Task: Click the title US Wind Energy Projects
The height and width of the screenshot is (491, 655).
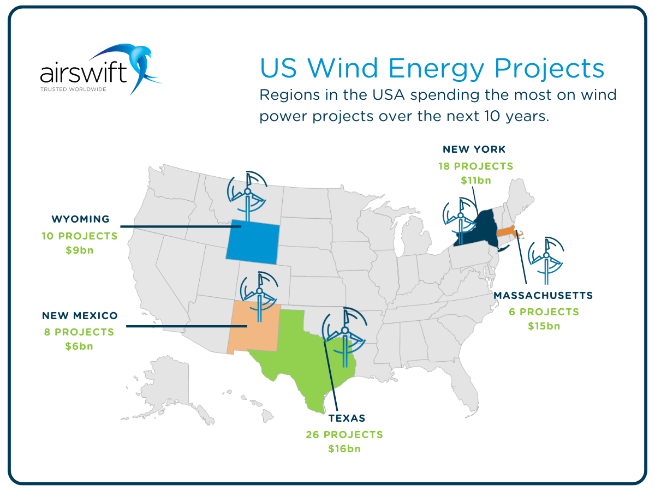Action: pyautogui.click(x=432, y=69)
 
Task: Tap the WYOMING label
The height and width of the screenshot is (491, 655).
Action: pyautogui.click(x=80, y=219)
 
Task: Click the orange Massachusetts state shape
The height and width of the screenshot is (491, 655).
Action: pyautogui.click(x=507, y=233)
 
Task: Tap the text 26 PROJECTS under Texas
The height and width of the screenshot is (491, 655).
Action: pyautogui.click(x=344, y=435)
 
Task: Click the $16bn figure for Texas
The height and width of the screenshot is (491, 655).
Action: pyautogui.click(x=344, y=449)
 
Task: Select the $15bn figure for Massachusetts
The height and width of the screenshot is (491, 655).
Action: pyautogui.click(x=543, y=326)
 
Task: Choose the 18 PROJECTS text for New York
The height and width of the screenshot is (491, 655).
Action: pyautogui.click(x=475, y=166)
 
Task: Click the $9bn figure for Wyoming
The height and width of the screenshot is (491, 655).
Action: pyautogui.click(x=80, y=250)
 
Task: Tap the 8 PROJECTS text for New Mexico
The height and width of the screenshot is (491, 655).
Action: pyautogui.click(x=79, y=332)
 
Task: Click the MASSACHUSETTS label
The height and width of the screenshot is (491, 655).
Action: pyautogui.click(x=543, y=296)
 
